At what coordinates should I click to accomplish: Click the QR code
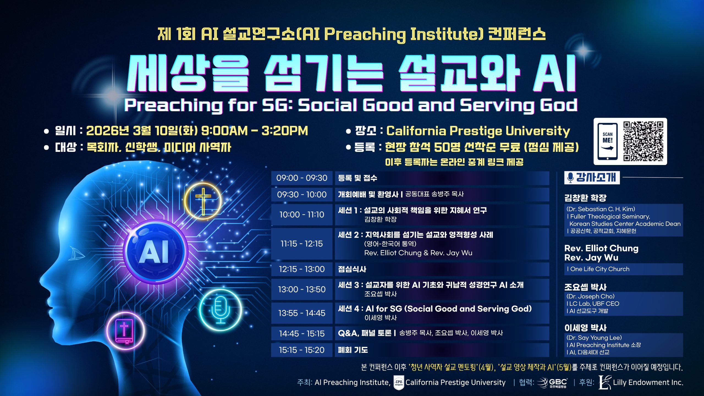click(x=643, y=141)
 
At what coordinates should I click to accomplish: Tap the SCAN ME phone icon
click(x=607, y=141)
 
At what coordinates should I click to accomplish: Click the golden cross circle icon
click(x=203, y=201)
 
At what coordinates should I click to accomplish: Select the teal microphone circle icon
click(x=220, y=310)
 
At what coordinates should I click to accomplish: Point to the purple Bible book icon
click(x=125, y=331)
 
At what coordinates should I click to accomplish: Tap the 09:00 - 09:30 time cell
click(x=302, y=178)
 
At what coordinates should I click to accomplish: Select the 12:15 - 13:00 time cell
click(x=302, y=269)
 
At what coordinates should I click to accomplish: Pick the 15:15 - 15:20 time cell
click(x=302, y=350)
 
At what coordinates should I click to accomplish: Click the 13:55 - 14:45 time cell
click(x=302, y=313)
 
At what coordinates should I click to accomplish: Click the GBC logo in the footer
click(x=552, y=383)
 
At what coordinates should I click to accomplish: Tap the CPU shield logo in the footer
click(x=398, y=383)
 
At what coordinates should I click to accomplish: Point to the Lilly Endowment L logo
click(x=605, y=383)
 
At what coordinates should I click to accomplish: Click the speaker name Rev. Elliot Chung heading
click(x=601, y=248)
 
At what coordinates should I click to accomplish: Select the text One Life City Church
click(x=600, y=269)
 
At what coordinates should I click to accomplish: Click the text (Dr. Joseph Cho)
click(x=590, y=296)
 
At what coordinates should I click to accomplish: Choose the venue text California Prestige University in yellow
click(x=478, y=131)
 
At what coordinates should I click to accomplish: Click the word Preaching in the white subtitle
click(x=174, y=105)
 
